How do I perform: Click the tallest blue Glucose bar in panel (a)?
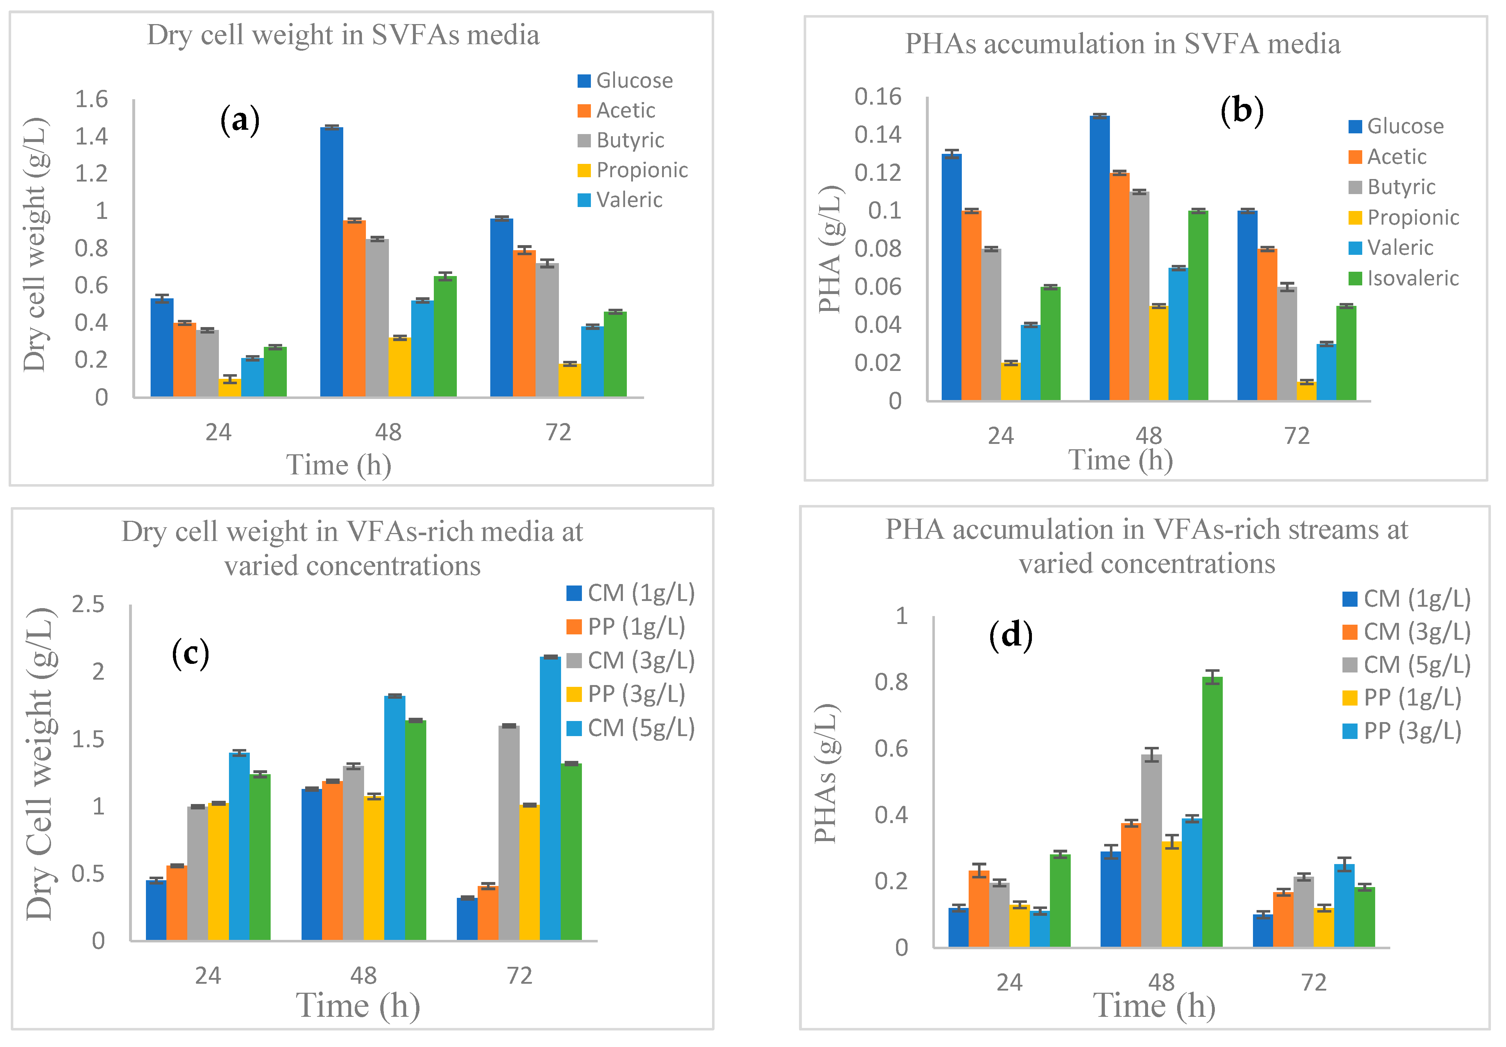tap(331, 262)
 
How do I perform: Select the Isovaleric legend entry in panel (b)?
tap(1404, 278)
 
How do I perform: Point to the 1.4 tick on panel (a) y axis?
tap(91, 137)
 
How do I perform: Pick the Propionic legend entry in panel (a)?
tap(632, 170)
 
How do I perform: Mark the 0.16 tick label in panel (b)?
tap(878, 97)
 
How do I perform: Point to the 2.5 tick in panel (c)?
tap(88, 604)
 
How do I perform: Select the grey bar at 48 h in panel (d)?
tap(1151, 851)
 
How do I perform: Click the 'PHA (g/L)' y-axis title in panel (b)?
tap(830, 249)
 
